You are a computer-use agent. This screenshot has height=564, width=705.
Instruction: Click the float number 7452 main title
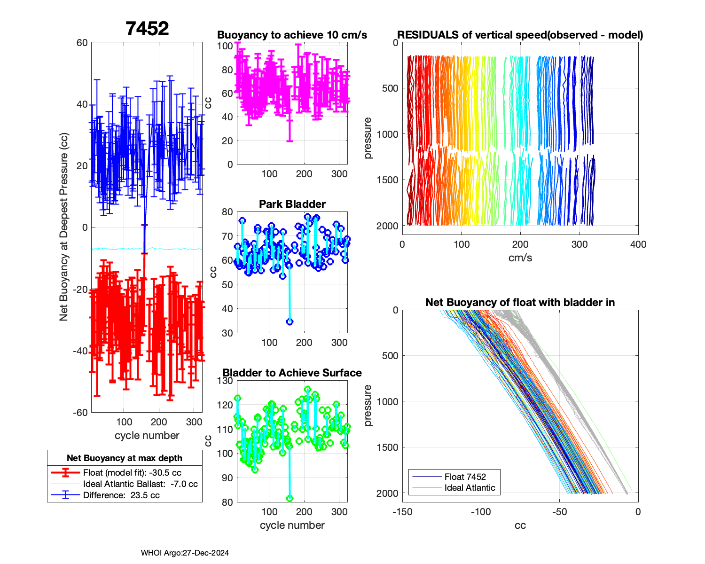tap(147, 29)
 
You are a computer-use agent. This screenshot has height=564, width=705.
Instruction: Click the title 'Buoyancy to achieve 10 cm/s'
tap(292, 35)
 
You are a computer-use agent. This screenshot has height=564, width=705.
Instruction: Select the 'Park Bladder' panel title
tap(292, 204)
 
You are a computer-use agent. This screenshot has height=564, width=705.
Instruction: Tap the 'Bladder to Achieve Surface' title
tap(292, 373)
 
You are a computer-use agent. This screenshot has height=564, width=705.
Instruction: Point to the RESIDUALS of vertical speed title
tap(520, 35)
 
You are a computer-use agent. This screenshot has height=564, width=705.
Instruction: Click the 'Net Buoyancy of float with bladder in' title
tap(520, 303)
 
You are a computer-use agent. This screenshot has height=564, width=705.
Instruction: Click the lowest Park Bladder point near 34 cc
tap(290, 322)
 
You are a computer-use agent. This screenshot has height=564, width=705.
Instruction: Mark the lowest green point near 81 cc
tap(290, 499)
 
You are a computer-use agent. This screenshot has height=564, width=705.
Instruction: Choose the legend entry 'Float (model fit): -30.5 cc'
tap(132, 473)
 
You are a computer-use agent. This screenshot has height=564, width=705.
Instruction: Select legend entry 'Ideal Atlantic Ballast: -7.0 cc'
tap(140, 484)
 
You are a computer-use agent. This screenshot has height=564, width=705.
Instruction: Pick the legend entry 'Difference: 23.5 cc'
tap(121, 495)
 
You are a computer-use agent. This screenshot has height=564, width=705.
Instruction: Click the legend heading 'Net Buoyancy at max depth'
tap(125, 458)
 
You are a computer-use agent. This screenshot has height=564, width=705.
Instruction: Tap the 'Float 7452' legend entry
tap(465, 477)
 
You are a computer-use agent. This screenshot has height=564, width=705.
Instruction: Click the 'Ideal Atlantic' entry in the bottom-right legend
tap(470, 488)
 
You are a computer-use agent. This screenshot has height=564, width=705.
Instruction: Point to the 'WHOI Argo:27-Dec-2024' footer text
tap(185, 553)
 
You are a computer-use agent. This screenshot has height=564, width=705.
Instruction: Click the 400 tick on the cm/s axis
tap(638, 244)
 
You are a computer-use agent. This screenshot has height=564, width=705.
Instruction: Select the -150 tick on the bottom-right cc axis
tap(402, 512)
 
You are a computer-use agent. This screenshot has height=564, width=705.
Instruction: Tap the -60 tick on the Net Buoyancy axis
tap(82, 413)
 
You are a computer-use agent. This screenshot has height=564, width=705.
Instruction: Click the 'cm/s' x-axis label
tap(520, 258)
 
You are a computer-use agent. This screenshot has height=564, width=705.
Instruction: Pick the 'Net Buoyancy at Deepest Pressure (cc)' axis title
tap(64, 227)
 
